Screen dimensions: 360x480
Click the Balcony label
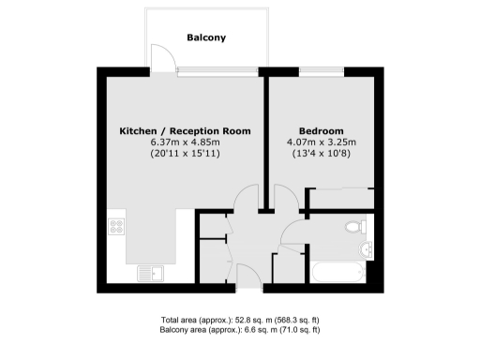[206, 38]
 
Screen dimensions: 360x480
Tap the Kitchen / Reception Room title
[185, 130]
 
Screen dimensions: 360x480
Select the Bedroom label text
[321, 130]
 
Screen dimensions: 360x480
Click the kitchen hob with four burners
[118, 226]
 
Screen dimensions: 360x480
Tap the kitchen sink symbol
[149, 272]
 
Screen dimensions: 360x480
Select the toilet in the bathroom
[355, 226]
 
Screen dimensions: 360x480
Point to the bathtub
[339, 274]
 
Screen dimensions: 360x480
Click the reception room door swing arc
[247, 198]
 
